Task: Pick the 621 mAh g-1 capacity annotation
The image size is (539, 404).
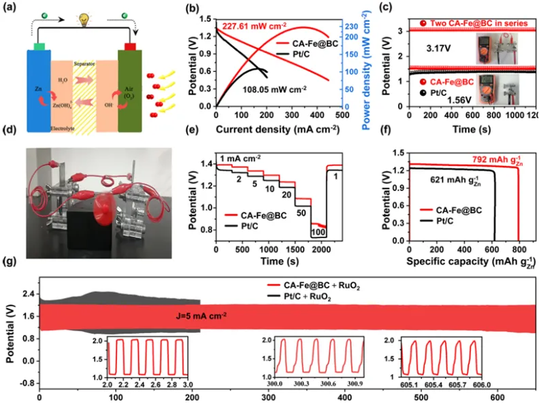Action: [x=448, y=182]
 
